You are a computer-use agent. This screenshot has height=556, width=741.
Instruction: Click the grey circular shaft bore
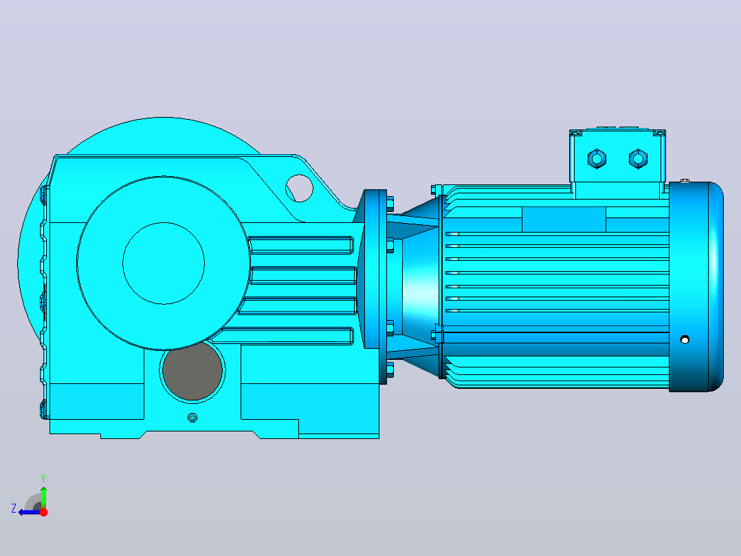[192, 371]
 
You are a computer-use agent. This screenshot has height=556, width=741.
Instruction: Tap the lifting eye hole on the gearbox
[299, 188]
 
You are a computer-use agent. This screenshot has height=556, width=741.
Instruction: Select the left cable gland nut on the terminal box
[597, 158]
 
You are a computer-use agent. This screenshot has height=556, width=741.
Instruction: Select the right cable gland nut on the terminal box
[638, 158]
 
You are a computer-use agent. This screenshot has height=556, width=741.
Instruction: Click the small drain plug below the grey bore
[192, 418]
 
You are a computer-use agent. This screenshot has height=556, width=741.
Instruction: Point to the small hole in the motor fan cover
[685, 339]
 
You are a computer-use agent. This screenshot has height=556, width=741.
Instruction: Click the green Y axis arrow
[43, 497]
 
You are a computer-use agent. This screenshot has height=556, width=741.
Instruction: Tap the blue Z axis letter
[14, 509]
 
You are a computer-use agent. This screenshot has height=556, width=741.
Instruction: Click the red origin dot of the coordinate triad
[43, 512]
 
